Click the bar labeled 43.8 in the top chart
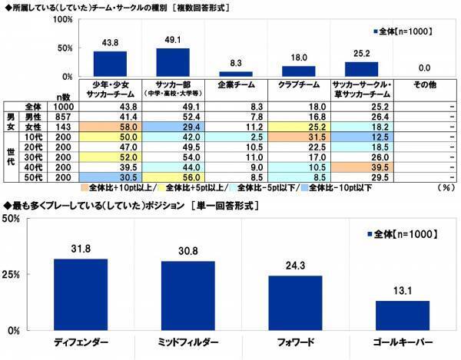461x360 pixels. (x=109, y=64)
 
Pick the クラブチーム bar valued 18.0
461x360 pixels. (x=299, y=71)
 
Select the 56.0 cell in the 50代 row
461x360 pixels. (x=173, y=176)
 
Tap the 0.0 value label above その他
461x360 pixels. (x=425, y=68)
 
